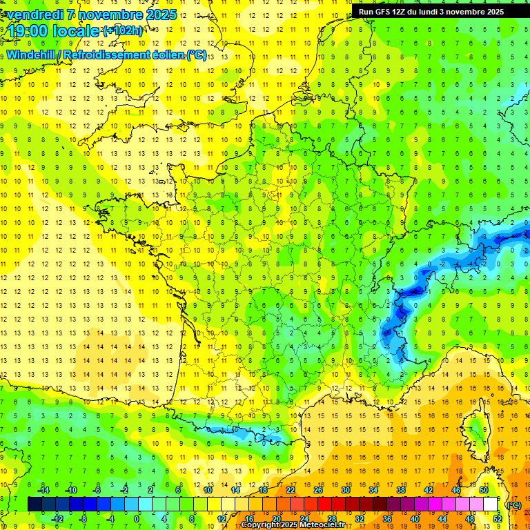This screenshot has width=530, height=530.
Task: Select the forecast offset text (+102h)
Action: click(123, 31)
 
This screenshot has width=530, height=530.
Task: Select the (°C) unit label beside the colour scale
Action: click(513, 505)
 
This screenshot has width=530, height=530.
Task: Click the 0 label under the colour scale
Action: click(136, 519)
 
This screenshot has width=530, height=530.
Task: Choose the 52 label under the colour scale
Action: click(498, 519)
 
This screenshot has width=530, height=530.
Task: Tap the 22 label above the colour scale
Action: click(291, 489)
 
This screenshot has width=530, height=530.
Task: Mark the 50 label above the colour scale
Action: click(484, 489)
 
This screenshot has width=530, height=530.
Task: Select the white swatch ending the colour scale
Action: click(491, 504)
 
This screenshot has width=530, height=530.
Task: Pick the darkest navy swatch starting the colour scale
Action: click(35, 504)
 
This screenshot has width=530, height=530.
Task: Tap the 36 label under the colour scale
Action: click(387, 519)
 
